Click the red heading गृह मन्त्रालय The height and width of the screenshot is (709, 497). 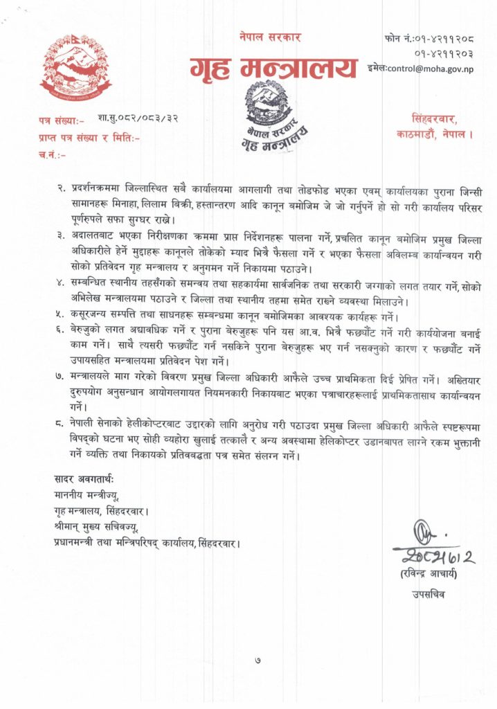click(273, 67)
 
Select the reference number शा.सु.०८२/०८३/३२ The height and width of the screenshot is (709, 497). click(138, 119)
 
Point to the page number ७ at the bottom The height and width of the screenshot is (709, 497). click(257, 660)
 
